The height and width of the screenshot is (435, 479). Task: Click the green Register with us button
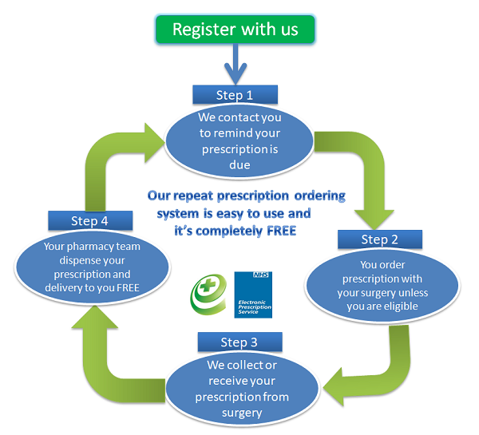235,30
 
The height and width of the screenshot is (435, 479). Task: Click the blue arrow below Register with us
234,64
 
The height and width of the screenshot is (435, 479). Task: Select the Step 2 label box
378,239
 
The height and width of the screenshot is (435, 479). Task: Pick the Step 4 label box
88,221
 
